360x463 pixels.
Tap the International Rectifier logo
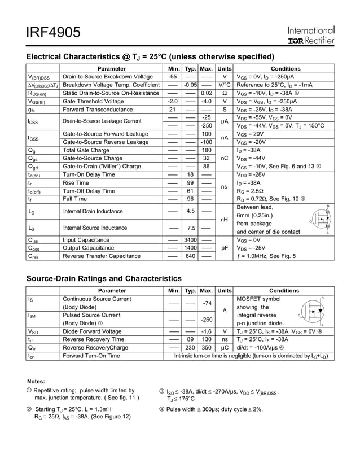click(310, 35)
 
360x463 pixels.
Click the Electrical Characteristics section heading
click(151, 56)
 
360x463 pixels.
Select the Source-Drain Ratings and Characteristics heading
click(104, 278)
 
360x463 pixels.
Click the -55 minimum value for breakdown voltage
click(173, 77)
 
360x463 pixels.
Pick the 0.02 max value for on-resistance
click(206, 93)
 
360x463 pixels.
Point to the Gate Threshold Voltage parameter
click(92, 101)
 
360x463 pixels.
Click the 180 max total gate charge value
click(206, 151)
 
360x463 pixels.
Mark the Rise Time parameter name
click(76, 183)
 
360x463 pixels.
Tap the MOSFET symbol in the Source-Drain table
click(312, 311)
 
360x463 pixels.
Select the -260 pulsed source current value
click(206, 319)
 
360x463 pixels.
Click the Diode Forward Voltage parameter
click(92, 331)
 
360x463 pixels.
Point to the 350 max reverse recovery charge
click(206, 348)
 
